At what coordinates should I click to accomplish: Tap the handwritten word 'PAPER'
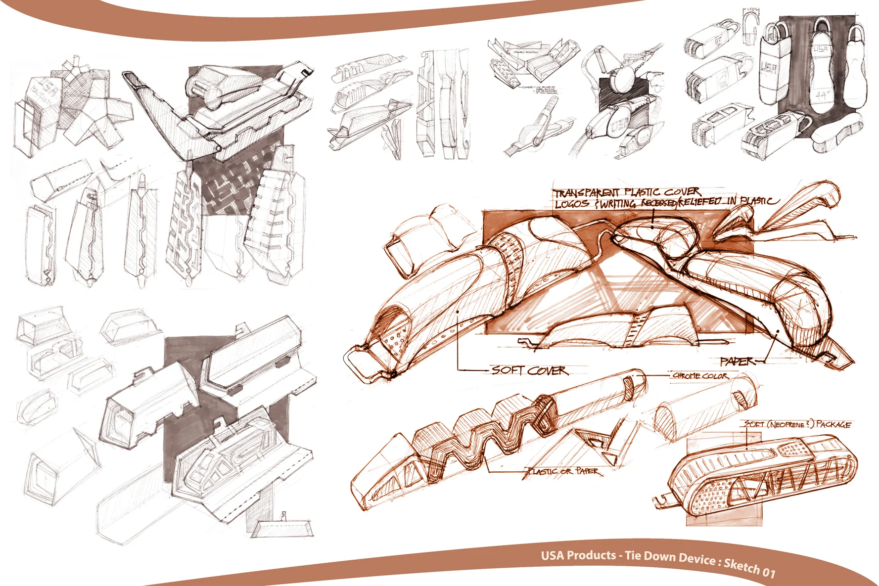737,361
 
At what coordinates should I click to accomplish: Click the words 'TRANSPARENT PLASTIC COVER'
626,192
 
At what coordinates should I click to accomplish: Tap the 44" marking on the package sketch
821,93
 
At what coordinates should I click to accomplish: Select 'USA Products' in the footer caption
578,555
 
